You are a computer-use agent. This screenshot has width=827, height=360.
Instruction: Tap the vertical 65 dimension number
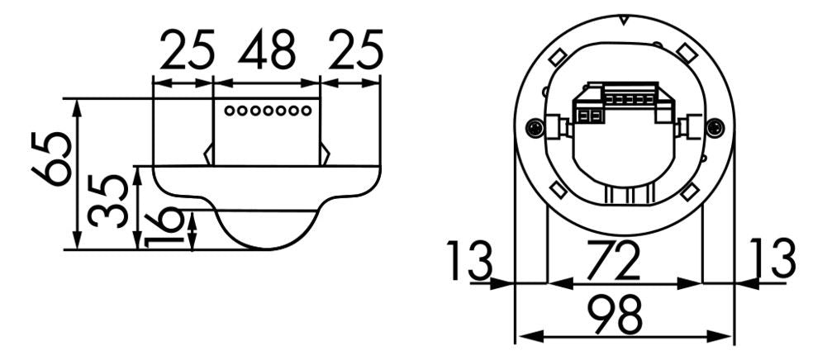pyautogui.click(x=51, y=159)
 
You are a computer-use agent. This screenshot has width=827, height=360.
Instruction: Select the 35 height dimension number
pyautogui.click(x=108, y=201)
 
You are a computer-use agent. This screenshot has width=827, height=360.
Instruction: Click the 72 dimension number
pyautogui.click(x=613, y=260)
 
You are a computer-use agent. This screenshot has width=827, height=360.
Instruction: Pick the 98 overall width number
pyautogui.click(x=615, y=315)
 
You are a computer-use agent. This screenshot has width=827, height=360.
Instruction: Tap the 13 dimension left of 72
pyautogui.click(x=470, y=260)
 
